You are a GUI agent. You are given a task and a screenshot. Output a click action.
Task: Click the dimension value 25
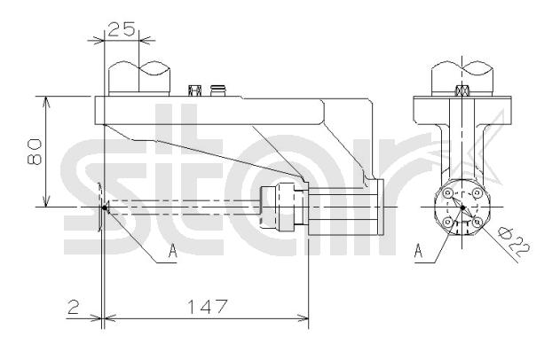coord(122,29)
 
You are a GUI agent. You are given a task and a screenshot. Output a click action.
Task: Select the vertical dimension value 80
coord(35,152)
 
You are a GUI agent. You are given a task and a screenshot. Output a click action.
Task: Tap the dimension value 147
coord(207,307)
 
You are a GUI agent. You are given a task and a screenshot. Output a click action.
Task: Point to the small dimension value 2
coord(73,307)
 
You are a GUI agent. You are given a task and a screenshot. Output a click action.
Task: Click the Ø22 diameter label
coord(514,242)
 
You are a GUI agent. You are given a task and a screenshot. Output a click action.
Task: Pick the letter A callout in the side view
coord(172,250)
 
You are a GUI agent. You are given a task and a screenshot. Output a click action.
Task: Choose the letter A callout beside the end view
coord(419,250)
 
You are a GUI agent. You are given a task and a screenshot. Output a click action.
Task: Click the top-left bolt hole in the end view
coord(447,193)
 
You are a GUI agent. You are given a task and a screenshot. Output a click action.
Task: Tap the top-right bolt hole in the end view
coord(477,193)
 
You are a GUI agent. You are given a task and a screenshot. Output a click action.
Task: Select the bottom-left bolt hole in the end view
coord(447,223)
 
